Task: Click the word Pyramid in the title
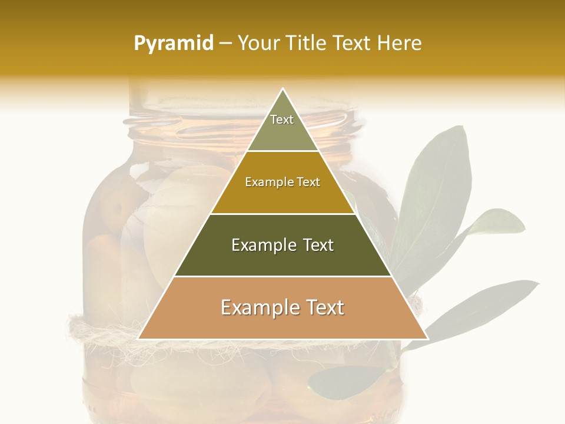(x=173, y=44)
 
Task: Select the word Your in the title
(x=258, y=44)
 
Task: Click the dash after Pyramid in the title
(x=225, y=44)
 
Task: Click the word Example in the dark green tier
(x=263, y=245)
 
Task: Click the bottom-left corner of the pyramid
(x=139, y=339)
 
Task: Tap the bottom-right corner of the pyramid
(x=427, y=339)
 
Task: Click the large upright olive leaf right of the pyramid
(x=436, y=194)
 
